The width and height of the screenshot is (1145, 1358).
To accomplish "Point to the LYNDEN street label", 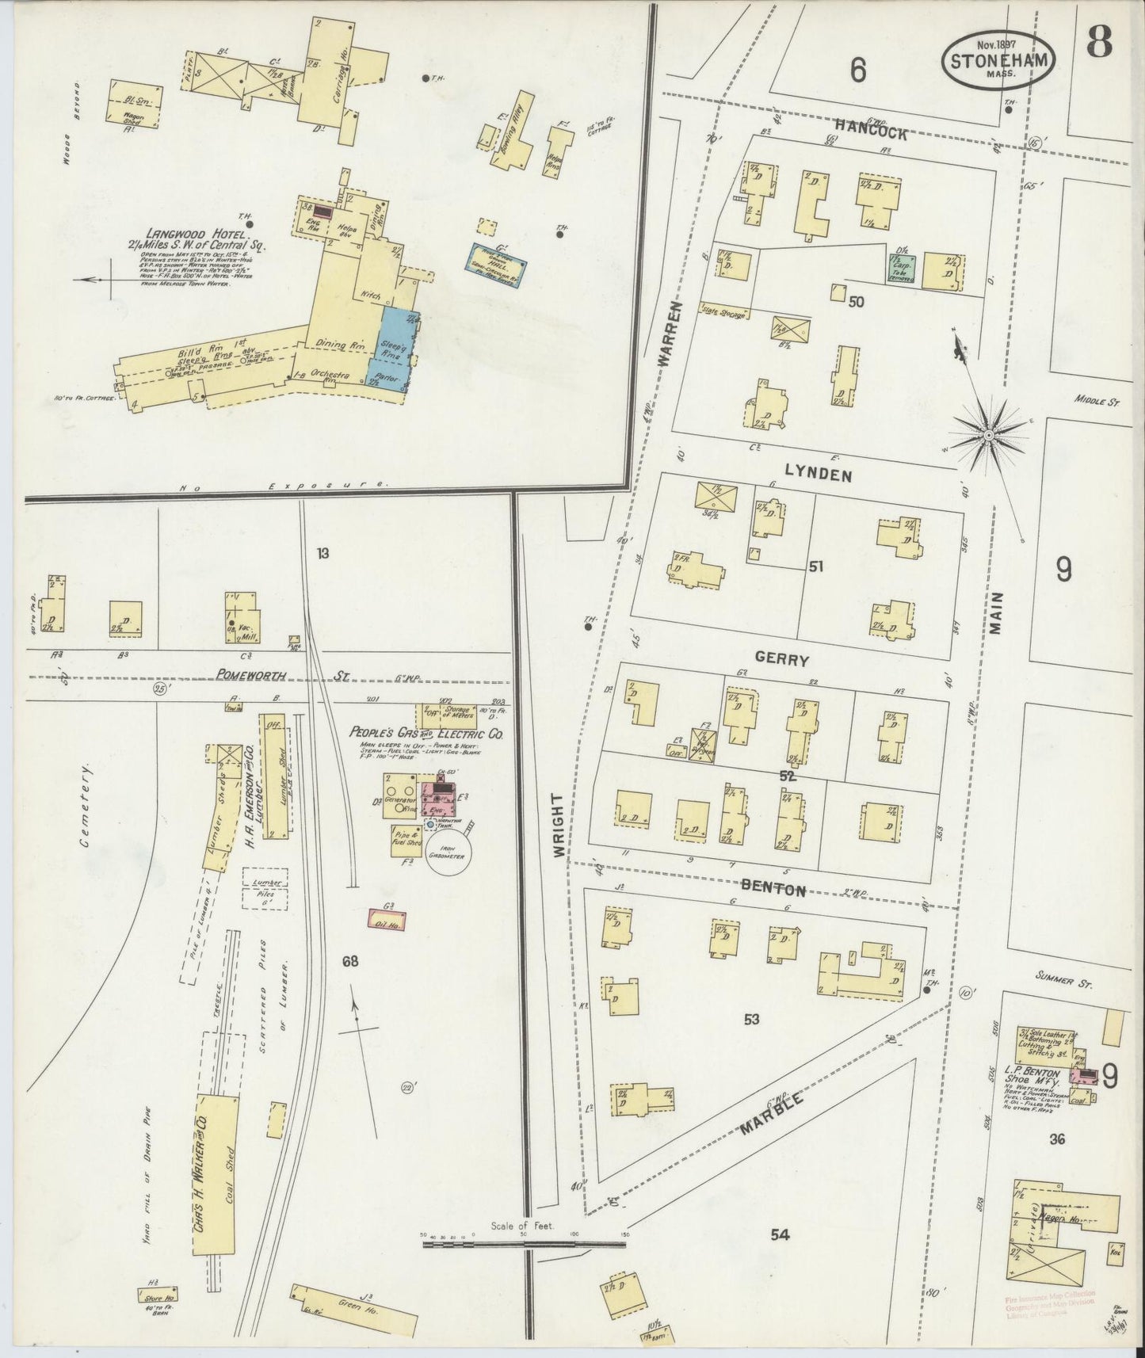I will tap(818, 475).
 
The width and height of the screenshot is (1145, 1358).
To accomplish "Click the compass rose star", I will tap(990, 435).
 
